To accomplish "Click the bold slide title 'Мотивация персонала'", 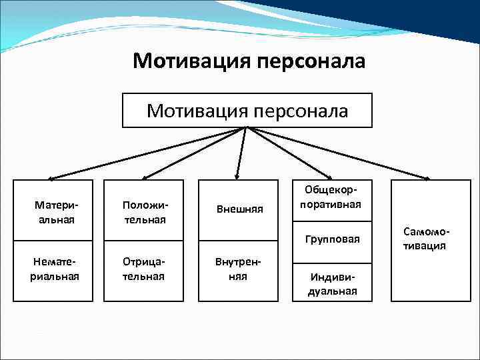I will (x=249, y=61).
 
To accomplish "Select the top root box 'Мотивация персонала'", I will (x=247, y=110).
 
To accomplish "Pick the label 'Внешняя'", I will (x=239, y=209).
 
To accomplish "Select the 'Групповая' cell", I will (x=331, y=239).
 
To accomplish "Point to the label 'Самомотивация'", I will (x=427, y=239).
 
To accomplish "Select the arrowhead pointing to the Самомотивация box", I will (x=427, y=178).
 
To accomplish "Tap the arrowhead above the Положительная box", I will (x=141, y=178).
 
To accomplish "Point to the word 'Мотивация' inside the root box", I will (x=195, y=110).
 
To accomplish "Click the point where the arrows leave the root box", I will (x=246, y=127).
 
